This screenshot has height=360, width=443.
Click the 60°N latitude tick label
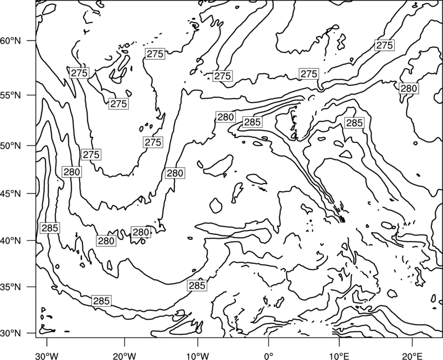pos(11,40)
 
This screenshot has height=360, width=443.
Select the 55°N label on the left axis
pos(11,95)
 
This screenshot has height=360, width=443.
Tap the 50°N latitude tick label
pos(11,146)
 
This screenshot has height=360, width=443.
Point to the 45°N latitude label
pos(11,193)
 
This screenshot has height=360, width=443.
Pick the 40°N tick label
pos(11,241)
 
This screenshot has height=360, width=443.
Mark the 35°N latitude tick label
pos(11,287)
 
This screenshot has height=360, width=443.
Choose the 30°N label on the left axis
pos(11,333)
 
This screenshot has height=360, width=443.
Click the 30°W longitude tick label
pos(47,356)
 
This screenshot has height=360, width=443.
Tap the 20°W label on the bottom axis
pos(125,356)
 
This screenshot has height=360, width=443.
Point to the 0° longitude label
pos(269,356)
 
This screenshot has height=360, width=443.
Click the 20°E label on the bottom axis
pos(412,356)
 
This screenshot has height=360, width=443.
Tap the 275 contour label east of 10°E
pos(384,45)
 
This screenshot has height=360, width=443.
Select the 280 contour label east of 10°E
pos(409,89)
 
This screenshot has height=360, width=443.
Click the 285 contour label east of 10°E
pos(354,123)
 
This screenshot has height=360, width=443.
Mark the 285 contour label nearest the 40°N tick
pos(50,228)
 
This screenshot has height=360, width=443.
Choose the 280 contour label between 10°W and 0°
pos(226,117)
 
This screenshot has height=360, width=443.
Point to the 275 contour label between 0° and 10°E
pos(309,74)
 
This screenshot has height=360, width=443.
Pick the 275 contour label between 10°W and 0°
pos(223,76)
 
